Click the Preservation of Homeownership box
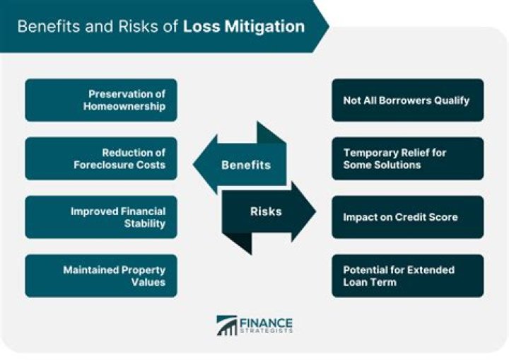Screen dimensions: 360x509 [x=100, y=100]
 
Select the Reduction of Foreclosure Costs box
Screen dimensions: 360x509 [x=100, y=158]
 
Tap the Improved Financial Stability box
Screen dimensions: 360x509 [x=100, y=217]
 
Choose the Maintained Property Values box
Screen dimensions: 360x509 [x=100, y=275]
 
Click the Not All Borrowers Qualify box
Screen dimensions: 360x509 [x=407, y=100]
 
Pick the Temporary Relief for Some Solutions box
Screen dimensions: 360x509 [x=407, y=158]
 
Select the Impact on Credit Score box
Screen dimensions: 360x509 [x=407, y=217]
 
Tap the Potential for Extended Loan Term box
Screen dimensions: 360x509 [x=407, y=275]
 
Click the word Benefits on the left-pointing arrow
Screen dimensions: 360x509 [x=245, y=165]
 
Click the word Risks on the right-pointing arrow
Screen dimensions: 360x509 [x=265, y=211]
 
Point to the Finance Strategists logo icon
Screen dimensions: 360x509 [x=227, y=325]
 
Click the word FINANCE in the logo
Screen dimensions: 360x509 [x=266, y=322]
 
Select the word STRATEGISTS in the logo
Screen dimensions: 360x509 [x=266, y=332]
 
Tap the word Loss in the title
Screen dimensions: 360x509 [x=199, y=27]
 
